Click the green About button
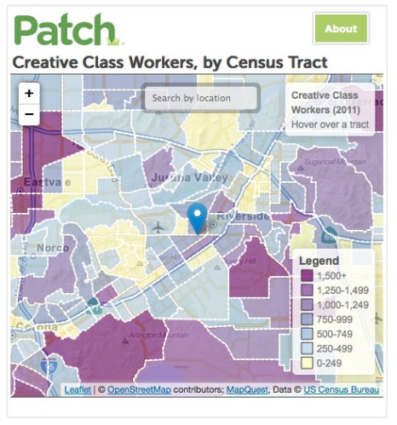click(x=341, y=28)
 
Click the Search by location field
click(x=201, y=98)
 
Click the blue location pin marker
click(x=198, y=218)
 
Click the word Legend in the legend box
click(x=319, y=261)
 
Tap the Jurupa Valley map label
click(x=189, y=178)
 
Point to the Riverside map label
click(x=243, y=216)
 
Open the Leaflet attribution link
click(x=78, y=389)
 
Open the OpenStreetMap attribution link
click(x=139, y=389)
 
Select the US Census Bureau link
click(x=342, y=389)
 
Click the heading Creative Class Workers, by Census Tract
click(x=169, y=62)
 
